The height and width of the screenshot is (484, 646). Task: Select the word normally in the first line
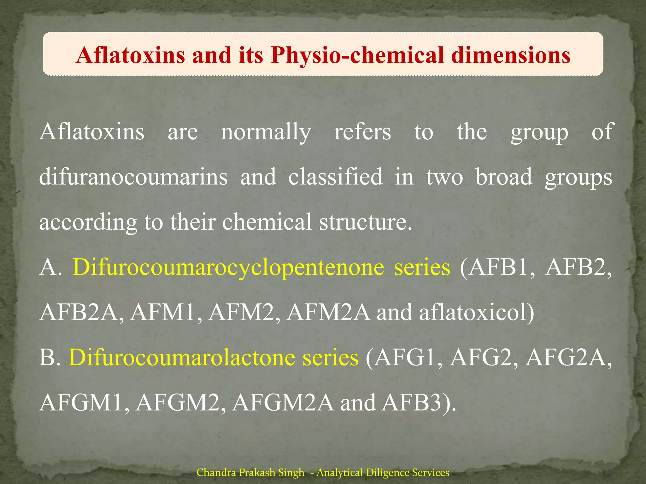point(266,132)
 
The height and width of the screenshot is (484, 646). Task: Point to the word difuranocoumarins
point(133,177)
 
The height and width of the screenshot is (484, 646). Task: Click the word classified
point(335,177)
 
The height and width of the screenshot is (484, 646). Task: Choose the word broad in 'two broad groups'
point(504,177)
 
